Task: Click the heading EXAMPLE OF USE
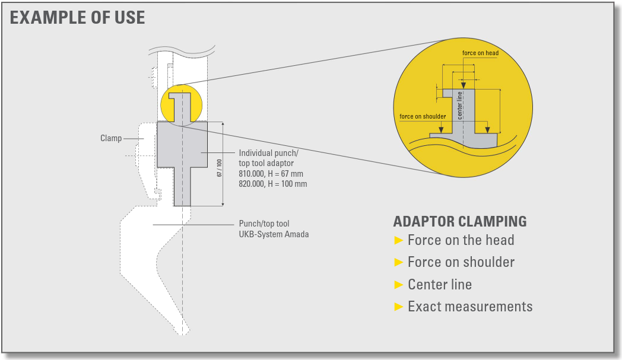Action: point(77,18)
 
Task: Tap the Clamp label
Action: point(111,138)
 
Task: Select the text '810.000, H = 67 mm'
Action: point(271,174)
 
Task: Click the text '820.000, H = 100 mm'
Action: point(273,184)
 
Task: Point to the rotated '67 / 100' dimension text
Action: point(220,168)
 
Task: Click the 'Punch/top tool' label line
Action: point(264,224)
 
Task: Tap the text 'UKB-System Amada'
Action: point(274,234)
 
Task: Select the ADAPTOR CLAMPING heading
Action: point(460,221)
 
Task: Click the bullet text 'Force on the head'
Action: point(461,240)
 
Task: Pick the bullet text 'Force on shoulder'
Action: point(461,262)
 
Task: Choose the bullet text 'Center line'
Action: point(440,284)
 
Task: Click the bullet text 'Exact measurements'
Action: point(470,307)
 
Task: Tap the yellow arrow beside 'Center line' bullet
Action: point(399,285)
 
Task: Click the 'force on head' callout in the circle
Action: point(480,53)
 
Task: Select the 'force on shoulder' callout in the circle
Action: point(423,117)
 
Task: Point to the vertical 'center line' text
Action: point(460,106)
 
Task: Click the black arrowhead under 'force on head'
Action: point(464,85)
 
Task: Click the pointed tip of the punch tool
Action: point(183,334)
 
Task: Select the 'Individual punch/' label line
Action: point(268,153)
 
